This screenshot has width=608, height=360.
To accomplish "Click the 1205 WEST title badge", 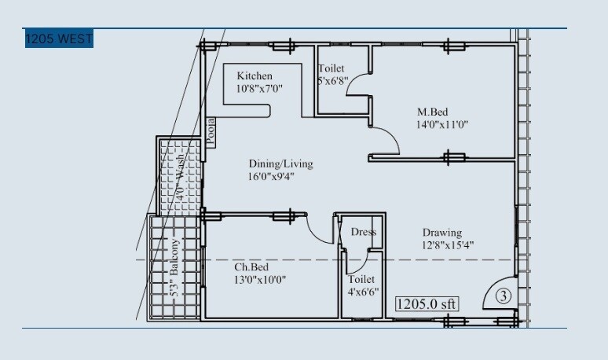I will tap(59, 39).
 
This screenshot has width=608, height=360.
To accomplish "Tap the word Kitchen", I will tap(255, 75).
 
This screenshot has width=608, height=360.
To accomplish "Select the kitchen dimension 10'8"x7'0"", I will tap(258, 89).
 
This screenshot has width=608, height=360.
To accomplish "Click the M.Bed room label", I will tap(431, 111).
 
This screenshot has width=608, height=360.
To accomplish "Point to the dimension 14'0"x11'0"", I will tap(443, 124).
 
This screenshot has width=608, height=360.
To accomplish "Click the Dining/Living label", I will tap(280, 163).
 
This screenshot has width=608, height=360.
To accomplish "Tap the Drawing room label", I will tap(442, 233).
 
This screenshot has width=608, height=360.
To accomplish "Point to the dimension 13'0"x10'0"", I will tap(260, 280).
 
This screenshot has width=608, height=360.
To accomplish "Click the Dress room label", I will tap(363, 232).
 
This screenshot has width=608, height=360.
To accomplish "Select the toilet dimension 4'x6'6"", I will tap(363, 292).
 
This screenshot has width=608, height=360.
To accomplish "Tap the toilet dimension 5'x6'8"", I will tap(332, 81).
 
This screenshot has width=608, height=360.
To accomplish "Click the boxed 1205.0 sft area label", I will tap(427, 303).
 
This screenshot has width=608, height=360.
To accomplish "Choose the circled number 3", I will tap(504, 296).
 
